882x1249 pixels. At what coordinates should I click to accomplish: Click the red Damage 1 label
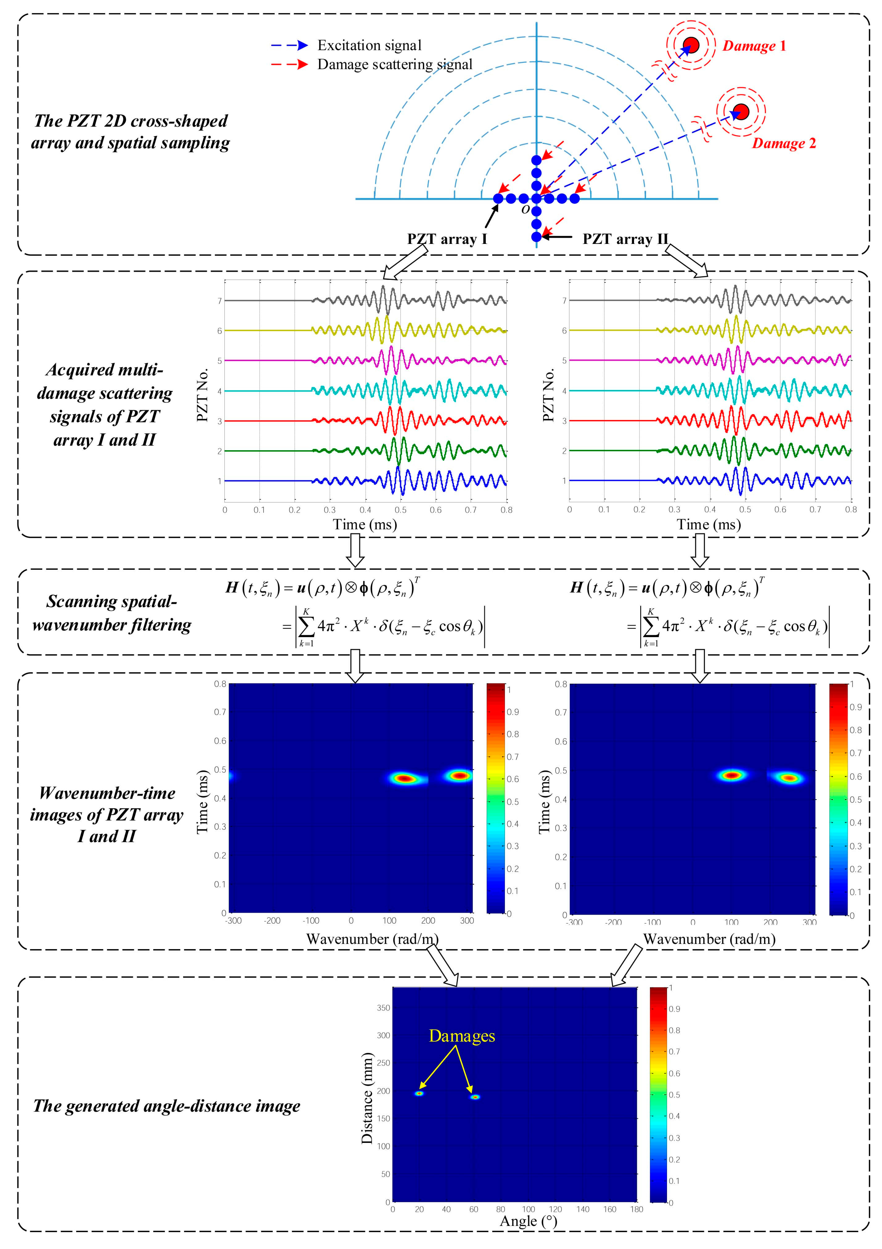[754, 46]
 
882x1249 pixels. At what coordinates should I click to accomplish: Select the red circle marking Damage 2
[741, 112]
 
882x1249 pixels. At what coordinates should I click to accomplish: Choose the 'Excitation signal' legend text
[369, 45]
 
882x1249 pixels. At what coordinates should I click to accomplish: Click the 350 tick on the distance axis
[384, 1008]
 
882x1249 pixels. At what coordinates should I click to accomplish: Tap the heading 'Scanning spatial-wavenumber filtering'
[112, 613]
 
